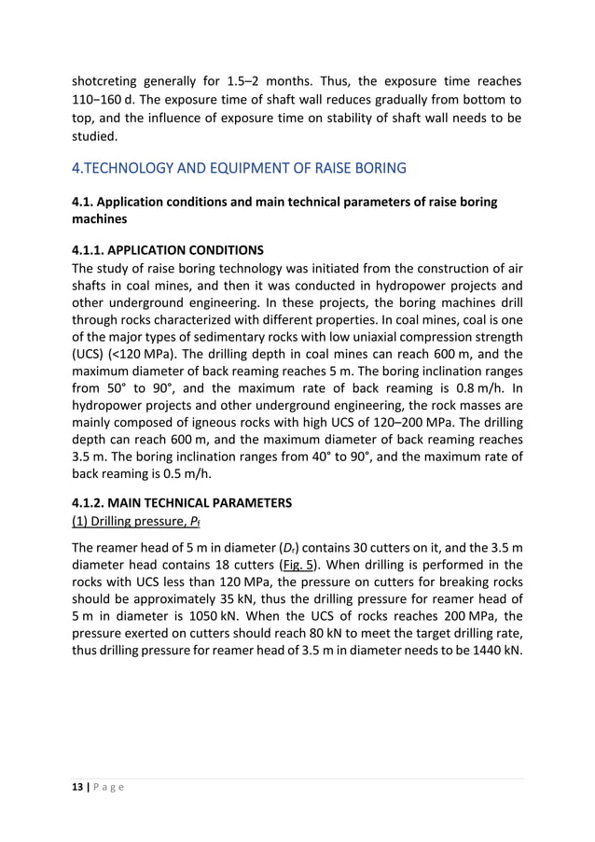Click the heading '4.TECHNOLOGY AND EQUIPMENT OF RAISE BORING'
coord(239,169)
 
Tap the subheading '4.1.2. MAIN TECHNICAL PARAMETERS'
coord(182,502)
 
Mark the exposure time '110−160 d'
coord(110,99)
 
